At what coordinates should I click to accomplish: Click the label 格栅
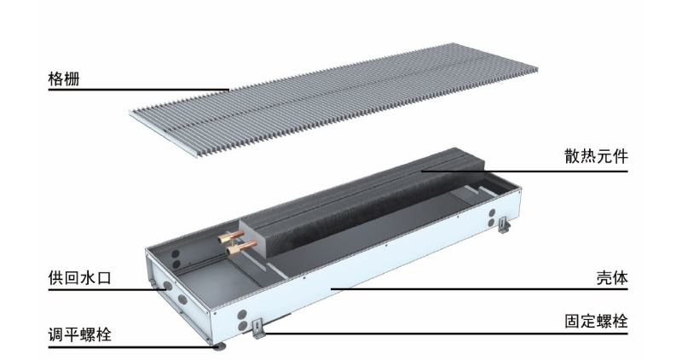pyautogui.click(x=64, y=79)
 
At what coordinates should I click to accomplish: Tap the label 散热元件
pyautogui.click(x=596, y=156)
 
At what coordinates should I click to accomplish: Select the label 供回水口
pyautogui.click(x=79, y=278)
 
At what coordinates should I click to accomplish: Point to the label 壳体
pyautogui.click(x=612, y=278)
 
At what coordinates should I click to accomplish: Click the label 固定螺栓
pyautogui.click(x=596, y=322)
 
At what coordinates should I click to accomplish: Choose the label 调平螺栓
pyautogui.click(x=79, y=334)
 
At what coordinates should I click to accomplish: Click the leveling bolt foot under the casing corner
pyautogui.click(x=220, y=346)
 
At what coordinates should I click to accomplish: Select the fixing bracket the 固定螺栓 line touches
pyautogui.click(x=259, y=328)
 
